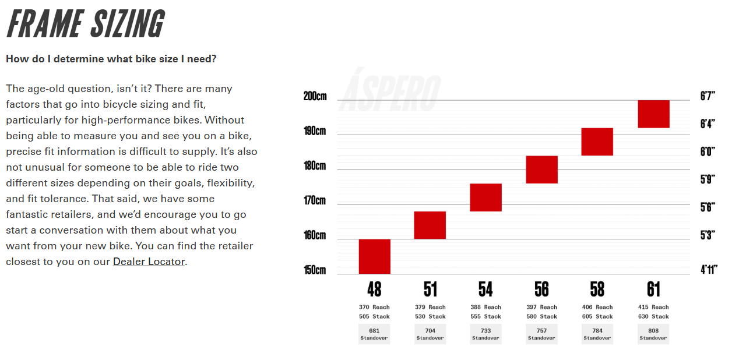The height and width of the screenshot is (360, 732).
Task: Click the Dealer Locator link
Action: coord(149,262)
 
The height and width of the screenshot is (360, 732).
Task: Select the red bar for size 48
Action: coord(374,256)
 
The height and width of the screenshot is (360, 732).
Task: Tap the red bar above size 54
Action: coord(485,197)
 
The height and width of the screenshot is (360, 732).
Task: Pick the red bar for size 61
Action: coord(653,114)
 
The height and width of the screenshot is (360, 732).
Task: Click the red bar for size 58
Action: coord(597,142)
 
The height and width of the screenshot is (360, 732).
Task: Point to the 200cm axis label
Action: coord(315,96)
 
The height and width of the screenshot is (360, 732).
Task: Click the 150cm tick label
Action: coord(315,270)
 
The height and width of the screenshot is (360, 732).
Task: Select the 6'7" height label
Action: coord(708,96)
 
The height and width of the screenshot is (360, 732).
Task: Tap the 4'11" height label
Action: coord(708,270)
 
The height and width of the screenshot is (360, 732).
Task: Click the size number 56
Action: coord(541,290)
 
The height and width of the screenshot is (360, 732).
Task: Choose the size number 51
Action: coord(430,290)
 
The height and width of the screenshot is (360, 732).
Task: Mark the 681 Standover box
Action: coord(374,334)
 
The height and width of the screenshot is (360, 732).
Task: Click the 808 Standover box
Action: coord(653,334)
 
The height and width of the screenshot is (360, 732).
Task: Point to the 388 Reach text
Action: coord(485,307)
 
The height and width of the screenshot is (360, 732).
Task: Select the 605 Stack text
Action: coord(597,316)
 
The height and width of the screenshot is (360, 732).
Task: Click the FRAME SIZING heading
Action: coord(85,24)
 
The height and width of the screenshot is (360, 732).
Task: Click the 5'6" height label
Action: coord(708,207)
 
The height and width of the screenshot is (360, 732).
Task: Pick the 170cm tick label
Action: coord(315,201)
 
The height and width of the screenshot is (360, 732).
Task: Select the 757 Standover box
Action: coord(541,334)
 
